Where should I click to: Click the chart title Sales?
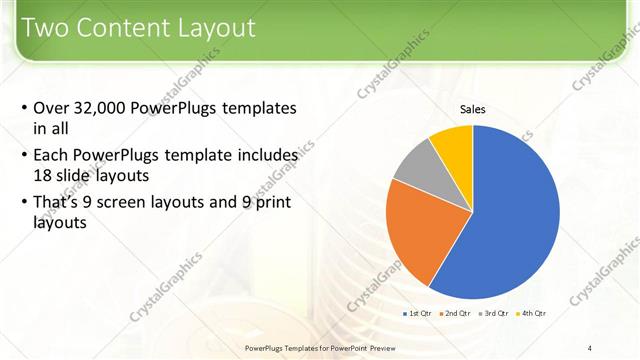pos(473,109)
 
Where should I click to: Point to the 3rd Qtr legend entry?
pos(494,314)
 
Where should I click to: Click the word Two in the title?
pos(44,28)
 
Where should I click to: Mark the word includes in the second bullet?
pos(266,156)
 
